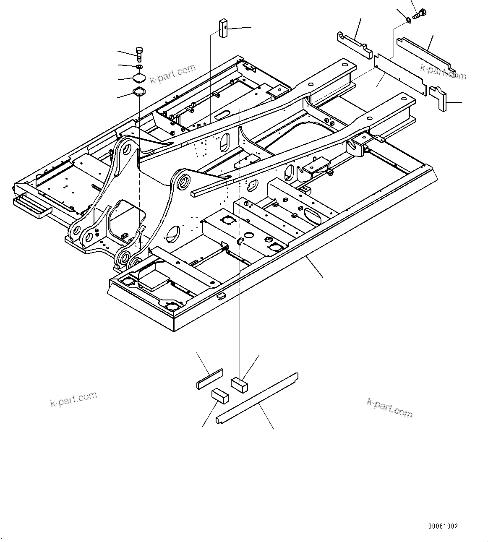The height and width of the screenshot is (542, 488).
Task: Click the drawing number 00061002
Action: tap(443, 526)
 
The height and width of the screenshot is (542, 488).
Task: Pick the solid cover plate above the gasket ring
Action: tap(139, 78)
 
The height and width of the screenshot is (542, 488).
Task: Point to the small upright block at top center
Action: tap(222, 28)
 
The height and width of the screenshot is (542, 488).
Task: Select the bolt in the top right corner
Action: tap(420, 14)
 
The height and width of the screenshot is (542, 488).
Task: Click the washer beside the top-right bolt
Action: tap(409, 19)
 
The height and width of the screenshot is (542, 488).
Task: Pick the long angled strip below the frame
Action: tap(257, 397)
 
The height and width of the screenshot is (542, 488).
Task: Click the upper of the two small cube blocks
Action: tap(240, 384)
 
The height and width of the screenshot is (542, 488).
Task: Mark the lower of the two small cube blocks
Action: tap(219, 396)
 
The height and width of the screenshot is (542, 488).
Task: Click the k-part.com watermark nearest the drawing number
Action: tap(389, 408)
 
